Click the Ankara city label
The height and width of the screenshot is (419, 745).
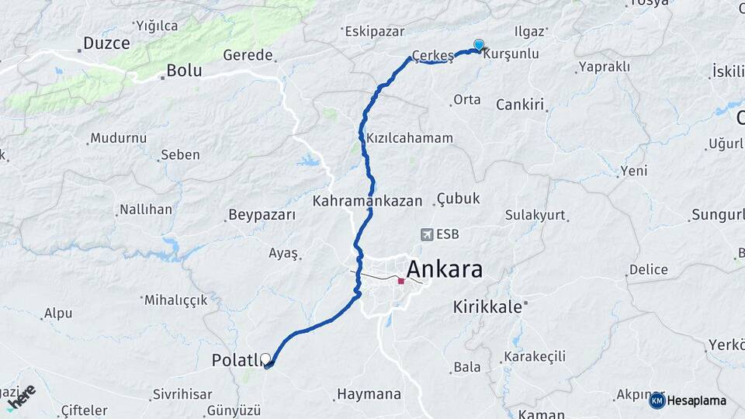(x=444, y=269)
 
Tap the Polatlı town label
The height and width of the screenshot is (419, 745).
(x=235, y=361)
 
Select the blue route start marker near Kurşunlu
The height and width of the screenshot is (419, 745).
(x=479, y=45)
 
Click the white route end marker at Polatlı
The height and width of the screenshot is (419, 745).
(x=266, y=359)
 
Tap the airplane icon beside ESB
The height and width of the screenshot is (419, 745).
(x=425, y=234)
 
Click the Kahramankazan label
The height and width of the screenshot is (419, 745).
(x=367, y=200)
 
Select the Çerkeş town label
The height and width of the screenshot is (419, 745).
(x=432, y=56)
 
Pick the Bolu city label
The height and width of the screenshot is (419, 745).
(x=184, y=71)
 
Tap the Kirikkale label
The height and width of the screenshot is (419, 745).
(x=487, y=306)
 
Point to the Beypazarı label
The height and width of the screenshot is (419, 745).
(x=262, y=215)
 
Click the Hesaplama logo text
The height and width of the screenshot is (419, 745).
(x=696, y=400)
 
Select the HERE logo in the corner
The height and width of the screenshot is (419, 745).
(x=21, y=396)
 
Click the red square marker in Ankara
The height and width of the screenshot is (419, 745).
(x=400, y=281)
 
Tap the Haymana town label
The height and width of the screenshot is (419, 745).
(x=369, y=394)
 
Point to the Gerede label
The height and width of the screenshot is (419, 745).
(x=248, y=55)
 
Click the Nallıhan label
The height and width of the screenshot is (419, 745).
(x=145, y=209)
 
